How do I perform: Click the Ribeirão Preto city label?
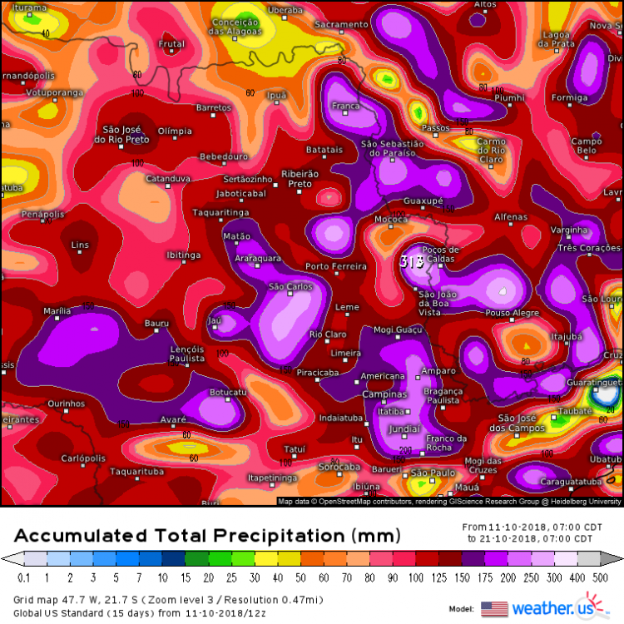(x=300, y=178)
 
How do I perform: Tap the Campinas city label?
(x=384, y=394)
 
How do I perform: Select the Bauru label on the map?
(x=156, y=323)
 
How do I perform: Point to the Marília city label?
(x=57, y=311)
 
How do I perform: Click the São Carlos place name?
(x=290, y=287)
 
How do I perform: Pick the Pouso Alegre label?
(x=513, y=313)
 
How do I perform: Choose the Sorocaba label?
(x=339, y=468)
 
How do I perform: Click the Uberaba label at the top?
(x=285, y=10)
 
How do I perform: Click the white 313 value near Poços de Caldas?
(x=412, y=261)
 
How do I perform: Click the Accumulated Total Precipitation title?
(x=207, y=534)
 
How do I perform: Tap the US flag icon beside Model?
(x=494, y=608)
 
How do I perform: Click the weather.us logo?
(x=564, y=607)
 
